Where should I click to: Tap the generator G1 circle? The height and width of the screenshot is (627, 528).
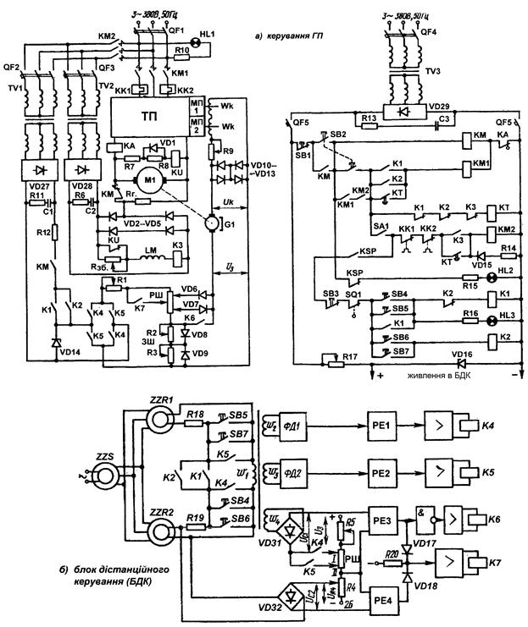206,224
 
